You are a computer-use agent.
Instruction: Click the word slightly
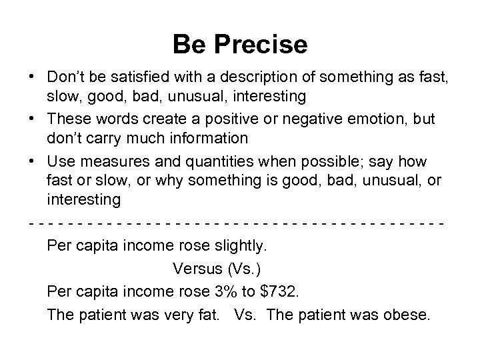tap(238, 246)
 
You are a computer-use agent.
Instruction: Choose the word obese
tap(407, 314)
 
